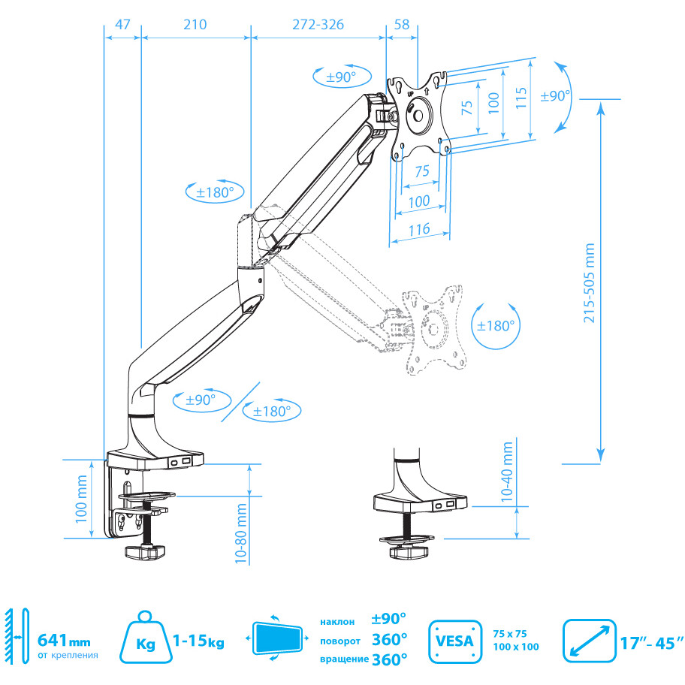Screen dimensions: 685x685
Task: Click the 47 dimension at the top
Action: coord(122,24)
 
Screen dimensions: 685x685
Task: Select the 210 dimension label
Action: coord(195,24)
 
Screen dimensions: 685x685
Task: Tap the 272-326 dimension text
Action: coord(317,24)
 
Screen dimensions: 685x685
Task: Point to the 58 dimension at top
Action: coord(402,24)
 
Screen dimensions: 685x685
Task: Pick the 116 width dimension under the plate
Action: coord(420,229)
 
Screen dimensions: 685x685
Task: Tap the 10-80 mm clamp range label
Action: coord(241,533)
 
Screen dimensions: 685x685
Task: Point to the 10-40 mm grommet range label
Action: coord(508,472)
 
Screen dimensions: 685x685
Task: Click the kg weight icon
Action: coord(145,637)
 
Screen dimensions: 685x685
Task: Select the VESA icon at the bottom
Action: coord(454,641)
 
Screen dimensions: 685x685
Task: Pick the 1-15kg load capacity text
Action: coord(198,641)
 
